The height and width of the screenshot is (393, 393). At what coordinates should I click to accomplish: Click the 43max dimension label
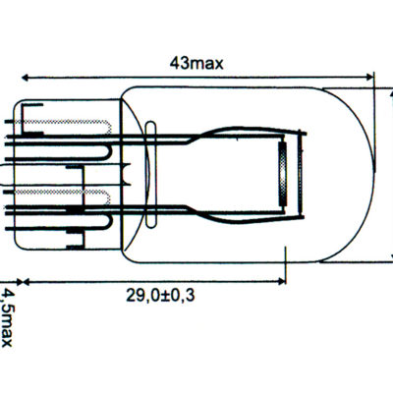tap(196, 63)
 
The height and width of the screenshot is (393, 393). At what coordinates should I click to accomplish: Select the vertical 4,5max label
tap(8, 316)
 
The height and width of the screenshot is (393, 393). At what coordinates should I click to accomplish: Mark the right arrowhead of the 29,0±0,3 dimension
tap(279, 280)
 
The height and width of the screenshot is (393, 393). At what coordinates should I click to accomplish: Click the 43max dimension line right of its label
tap(295, 77)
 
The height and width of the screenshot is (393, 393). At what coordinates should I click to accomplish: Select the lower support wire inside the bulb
tap(216, 208)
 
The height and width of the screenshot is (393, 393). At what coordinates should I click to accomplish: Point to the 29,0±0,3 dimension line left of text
tap(69, 280)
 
